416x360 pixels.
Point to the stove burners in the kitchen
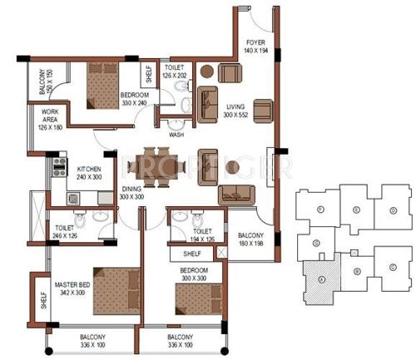point(59,164)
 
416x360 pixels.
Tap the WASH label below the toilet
point(176,134)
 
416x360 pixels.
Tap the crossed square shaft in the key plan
point(354,252)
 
